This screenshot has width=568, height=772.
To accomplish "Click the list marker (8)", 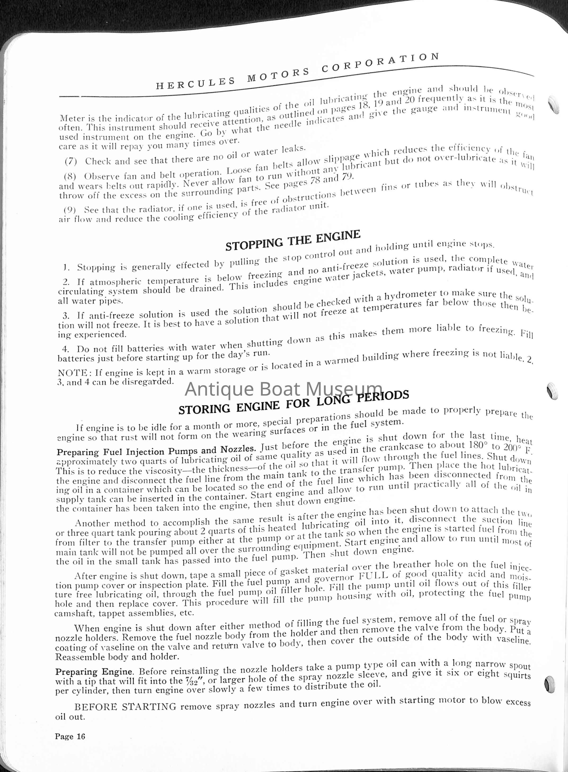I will [70, 176].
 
